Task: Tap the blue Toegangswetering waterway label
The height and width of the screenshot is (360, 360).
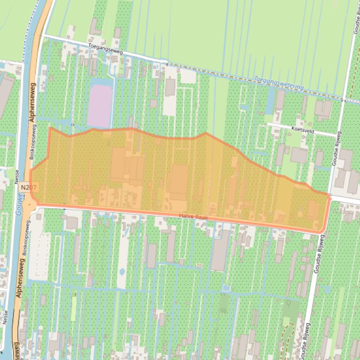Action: tap(279, 84)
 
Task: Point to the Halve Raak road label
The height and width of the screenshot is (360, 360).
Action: tap(193, 217)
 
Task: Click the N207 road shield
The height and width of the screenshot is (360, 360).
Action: tap(29, 187)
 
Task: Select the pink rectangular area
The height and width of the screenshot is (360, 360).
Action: tap(100, 105)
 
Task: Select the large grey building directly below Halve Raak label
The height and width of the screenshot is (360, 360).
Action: tap(220, 250)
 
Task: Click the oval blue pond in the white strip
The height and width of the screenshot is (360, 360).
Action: tap(122, 272)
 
